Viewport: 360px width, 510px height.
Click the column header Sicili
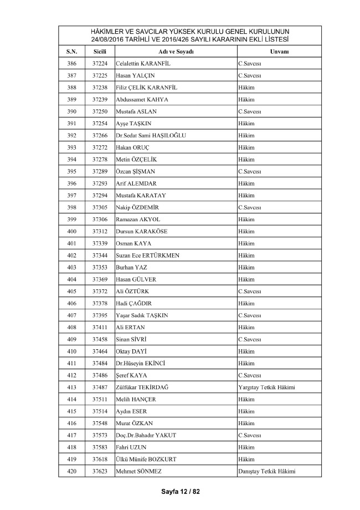pos(100,52)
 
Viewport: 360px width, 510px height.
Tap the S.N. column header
pos(71,52)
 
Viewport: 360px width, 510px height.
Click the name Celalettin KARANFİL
pos(143,64)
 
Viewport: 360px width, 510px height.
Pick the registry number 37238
pos(100,88)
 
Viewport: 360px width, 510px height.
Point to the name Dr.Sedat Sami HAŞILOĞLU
pos(150,135)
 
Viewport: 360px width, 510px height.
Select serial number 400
pos(71,231)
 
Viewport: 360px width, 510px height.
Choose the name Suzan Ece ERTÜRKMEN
pos(148,255)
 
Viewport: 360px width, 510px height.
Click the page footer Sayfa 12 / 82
pos(180,492)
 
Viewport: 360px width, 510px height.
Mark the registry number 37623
pos(100,471)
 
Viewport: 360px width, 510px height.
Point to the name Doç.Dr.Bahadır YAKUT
pos(146,435)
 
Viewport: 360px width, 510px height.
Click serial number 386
pos(71,64)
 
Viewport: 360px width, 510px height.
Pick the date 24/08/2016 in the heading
pos(111,39)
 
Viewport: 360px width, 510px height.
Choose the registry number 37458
pos(100,339)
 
